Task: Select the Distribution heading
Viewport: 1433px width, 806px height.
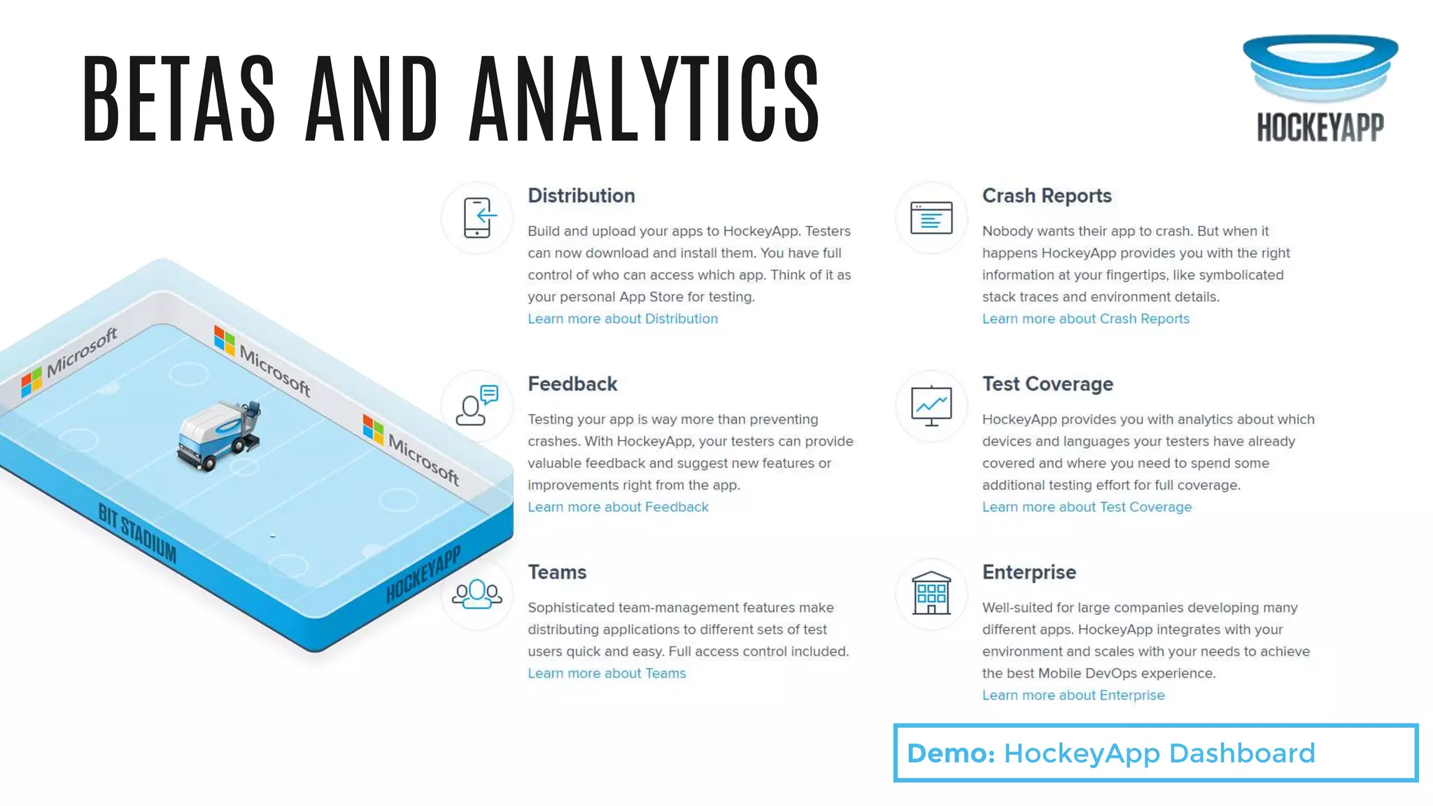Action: tap(581, 196)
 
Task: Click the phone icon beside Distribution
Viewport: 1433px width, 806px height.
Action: tap(477, 218)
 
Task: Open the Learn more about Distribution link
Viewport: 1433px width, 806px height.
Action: tap(622, 319)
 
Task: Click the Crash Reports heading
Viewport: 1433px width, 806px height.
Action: tap(1046, 196)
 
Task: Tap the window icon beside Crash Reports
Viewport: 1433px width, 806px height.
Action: tap(931, 218)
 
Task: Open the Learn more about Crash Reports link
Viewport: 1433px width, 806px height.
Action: tap(1085, 319)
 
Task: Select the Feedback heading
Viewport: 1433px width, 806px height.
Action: tap(572, 384)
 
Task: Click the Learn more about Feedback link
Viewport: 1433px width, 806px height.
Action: tap(618, 507)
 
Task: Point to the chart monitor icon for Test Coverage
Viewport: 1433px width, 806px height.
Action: tap(931, 406)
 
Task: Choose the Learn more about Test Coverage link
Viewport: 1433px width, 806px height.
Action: tap(1087, 507)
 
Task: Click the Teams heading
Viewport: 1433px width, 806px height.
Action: tap(557, 572)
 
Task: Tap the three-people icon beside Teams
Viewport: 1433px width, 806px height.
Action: tap(477, 594)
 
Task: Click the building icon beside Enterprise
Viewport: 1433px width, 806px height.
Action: tap(931, 594)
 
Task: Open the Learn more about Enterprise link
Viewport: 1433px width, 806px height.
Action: tap(1073, 695)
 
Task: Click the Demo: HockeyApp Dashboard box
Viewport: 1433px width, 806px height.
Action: tap(1155, 753)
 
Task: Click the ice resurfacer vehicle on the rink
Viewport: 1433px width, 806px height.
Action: tap(218, 436)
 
